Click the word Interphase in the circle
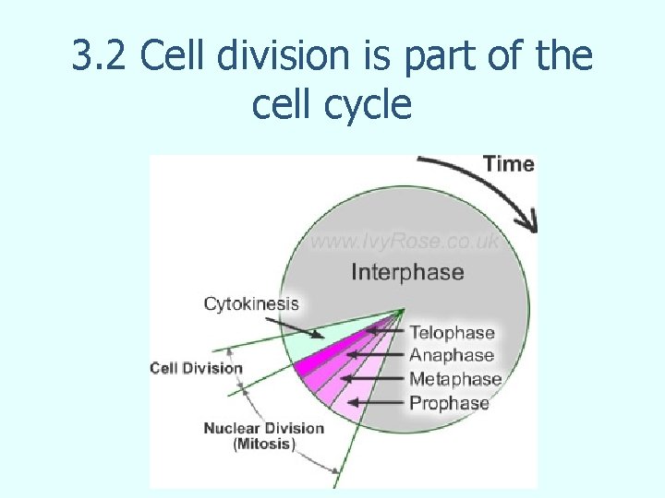[407, 272]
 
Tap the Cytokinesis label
[251, 303]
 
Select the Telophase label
[452, 333]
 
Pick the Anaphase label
[452, 356]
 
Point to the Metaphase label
[455, 379]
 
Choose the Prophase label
[449, 403]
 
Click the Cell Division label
[196, 368]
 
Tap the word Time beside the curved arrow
[509, 164]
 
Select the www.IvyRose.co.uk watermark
[405, 242]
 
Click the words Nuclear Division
[263, 428]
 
